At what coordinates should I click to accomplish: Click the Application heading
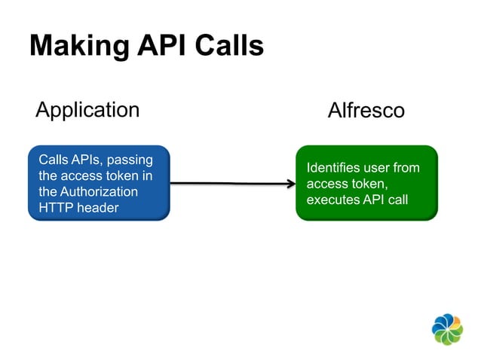point(87,110)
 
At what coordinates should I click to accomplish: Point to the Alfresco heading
point(366,111)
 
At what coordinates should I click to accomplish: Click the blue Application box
point(99,183)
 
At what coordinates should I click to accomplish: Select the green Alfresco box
point(366,183)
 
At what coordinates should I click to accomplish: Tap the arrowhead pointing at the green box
point(290,183)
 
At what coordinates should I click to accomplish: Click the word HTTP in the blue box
point(54,207)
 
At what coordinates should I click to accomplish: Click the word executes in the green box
point(332,200)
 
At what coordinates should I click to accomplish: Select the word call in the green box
point(397,200)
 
